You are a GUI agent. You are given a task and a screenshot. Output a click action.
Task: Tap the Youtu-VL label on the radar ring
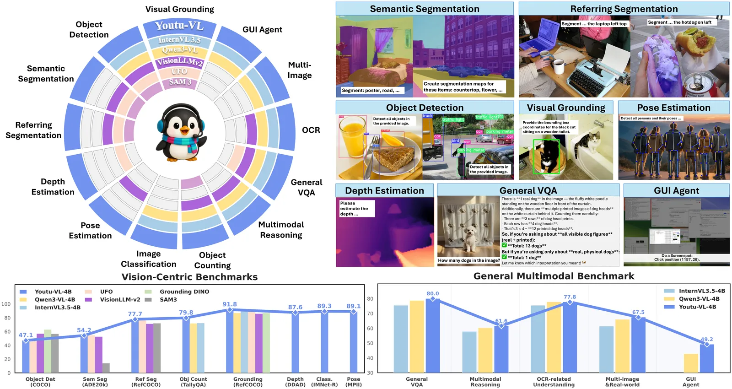click(x=179, y=26)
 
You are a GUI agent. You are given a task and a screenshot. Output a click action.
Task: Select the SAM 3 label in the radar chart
click(x=180, y=82)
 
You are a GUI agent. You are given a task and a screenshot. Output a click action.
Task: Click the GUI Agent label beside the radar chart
click(x=262, y=30)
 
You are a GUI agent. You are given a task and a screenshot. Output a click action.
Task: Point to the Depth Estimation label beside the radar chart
click(x=53, y=187)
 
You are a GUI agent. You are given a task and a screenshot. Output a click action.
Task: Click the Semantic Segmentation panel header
click(x=425, y=9)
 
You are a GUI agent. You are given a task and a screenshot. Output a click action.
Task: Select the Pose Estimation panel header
click(x=673, y=108)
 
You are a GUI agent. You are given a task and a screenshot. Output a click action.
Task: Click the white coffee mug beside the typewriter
click(x=559, y=66)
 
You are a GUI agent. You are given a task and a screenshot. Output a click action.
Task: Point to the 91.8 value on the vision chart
click(x=230, y=304)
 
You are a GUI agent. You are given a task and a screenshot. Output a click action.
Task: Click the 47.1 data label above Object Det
click(x=26, y=335)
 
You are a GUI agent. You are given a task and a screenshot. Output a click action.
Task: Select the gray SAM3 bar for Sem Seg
click(x=106, y=367)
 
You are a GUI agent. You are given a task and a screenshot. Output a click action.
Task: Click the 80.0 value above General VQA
click(x=432, y=293)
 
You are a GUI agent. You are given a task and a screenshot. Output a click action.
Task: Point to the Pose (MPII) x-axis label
click(x=353, y=382)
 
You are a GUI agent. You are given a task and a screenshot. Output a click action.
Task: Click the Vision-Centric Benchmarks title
click(x=189, y=277)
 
